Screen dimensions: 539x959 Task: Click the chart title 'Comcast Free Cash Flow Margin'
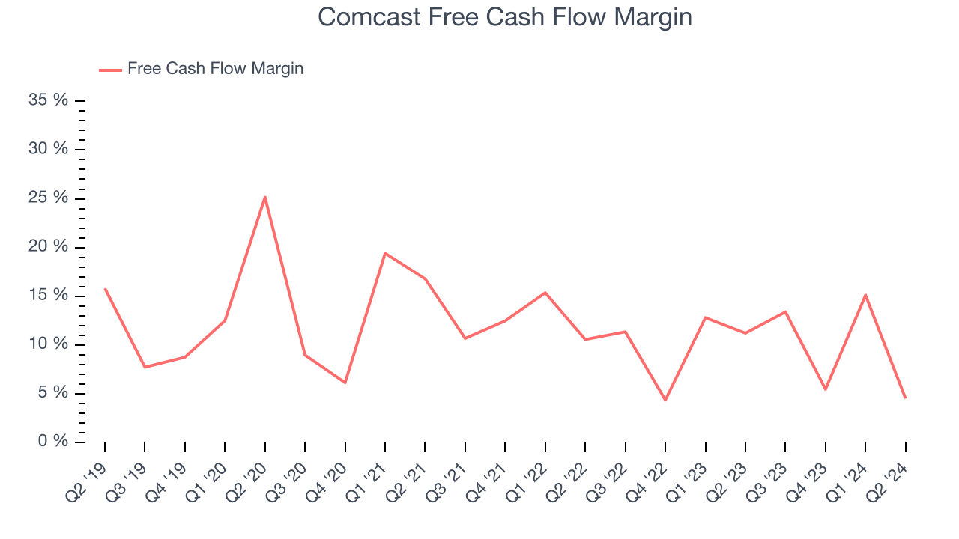tap(504, 17)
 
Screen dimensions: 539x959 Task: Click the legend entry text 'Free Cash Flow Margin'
tap(215, 69)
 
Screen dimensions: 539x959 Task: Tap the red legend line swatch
tap(110, 70)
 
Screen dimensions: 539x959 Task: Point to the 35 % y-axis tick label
tap(48, 100)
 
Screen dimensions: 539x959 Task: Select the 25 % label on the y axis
tap(48, 198)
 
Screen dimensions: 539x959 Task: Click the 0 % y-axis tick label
tap(52, 442)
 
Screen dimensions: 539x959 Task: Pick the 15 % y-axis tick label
tap(48, 295)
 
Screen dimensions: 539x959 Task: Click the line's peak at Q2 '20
tap(265, 197)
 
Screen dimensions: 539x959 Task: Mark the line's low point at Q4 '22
tap(665, 400)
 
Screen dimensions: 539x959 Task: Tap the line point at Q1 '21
tap(385, 253)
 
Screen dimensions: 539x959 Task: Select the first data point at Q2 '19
tap(105, 288)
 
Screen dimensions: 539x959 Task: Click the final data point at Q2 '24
tap(906, 398)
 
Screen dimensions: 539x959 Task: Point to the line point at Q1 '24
tap(865, 295)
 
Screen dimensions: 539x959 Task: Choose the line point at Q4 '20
tap(345, 383)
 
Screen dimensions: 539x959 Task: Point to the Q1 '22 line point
tap(545, 293)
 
